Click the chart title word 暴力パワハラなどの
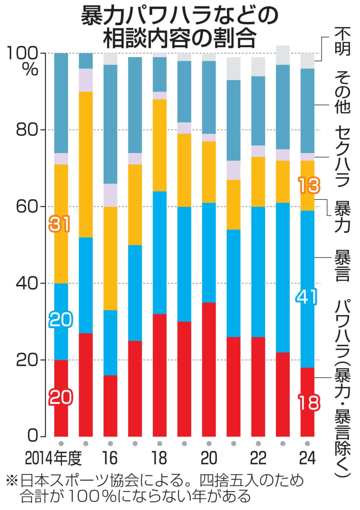point(180,17)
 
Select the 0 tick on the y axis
point(35,436)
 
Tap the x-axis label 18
point(160,459)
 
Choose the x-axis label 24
point(307,459)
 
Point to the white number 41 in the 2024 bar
point(307,297)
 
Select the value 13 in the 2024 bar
point(307,184)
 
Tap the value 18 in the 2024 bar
point(307,402)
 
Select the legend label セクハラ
point(342,155)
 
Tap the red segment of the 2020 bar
point(209,369)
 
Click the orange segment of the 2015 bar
point(86,164)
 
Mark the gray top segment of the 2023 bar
point(283,55)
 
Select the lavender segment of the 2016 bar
point(111,195)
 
